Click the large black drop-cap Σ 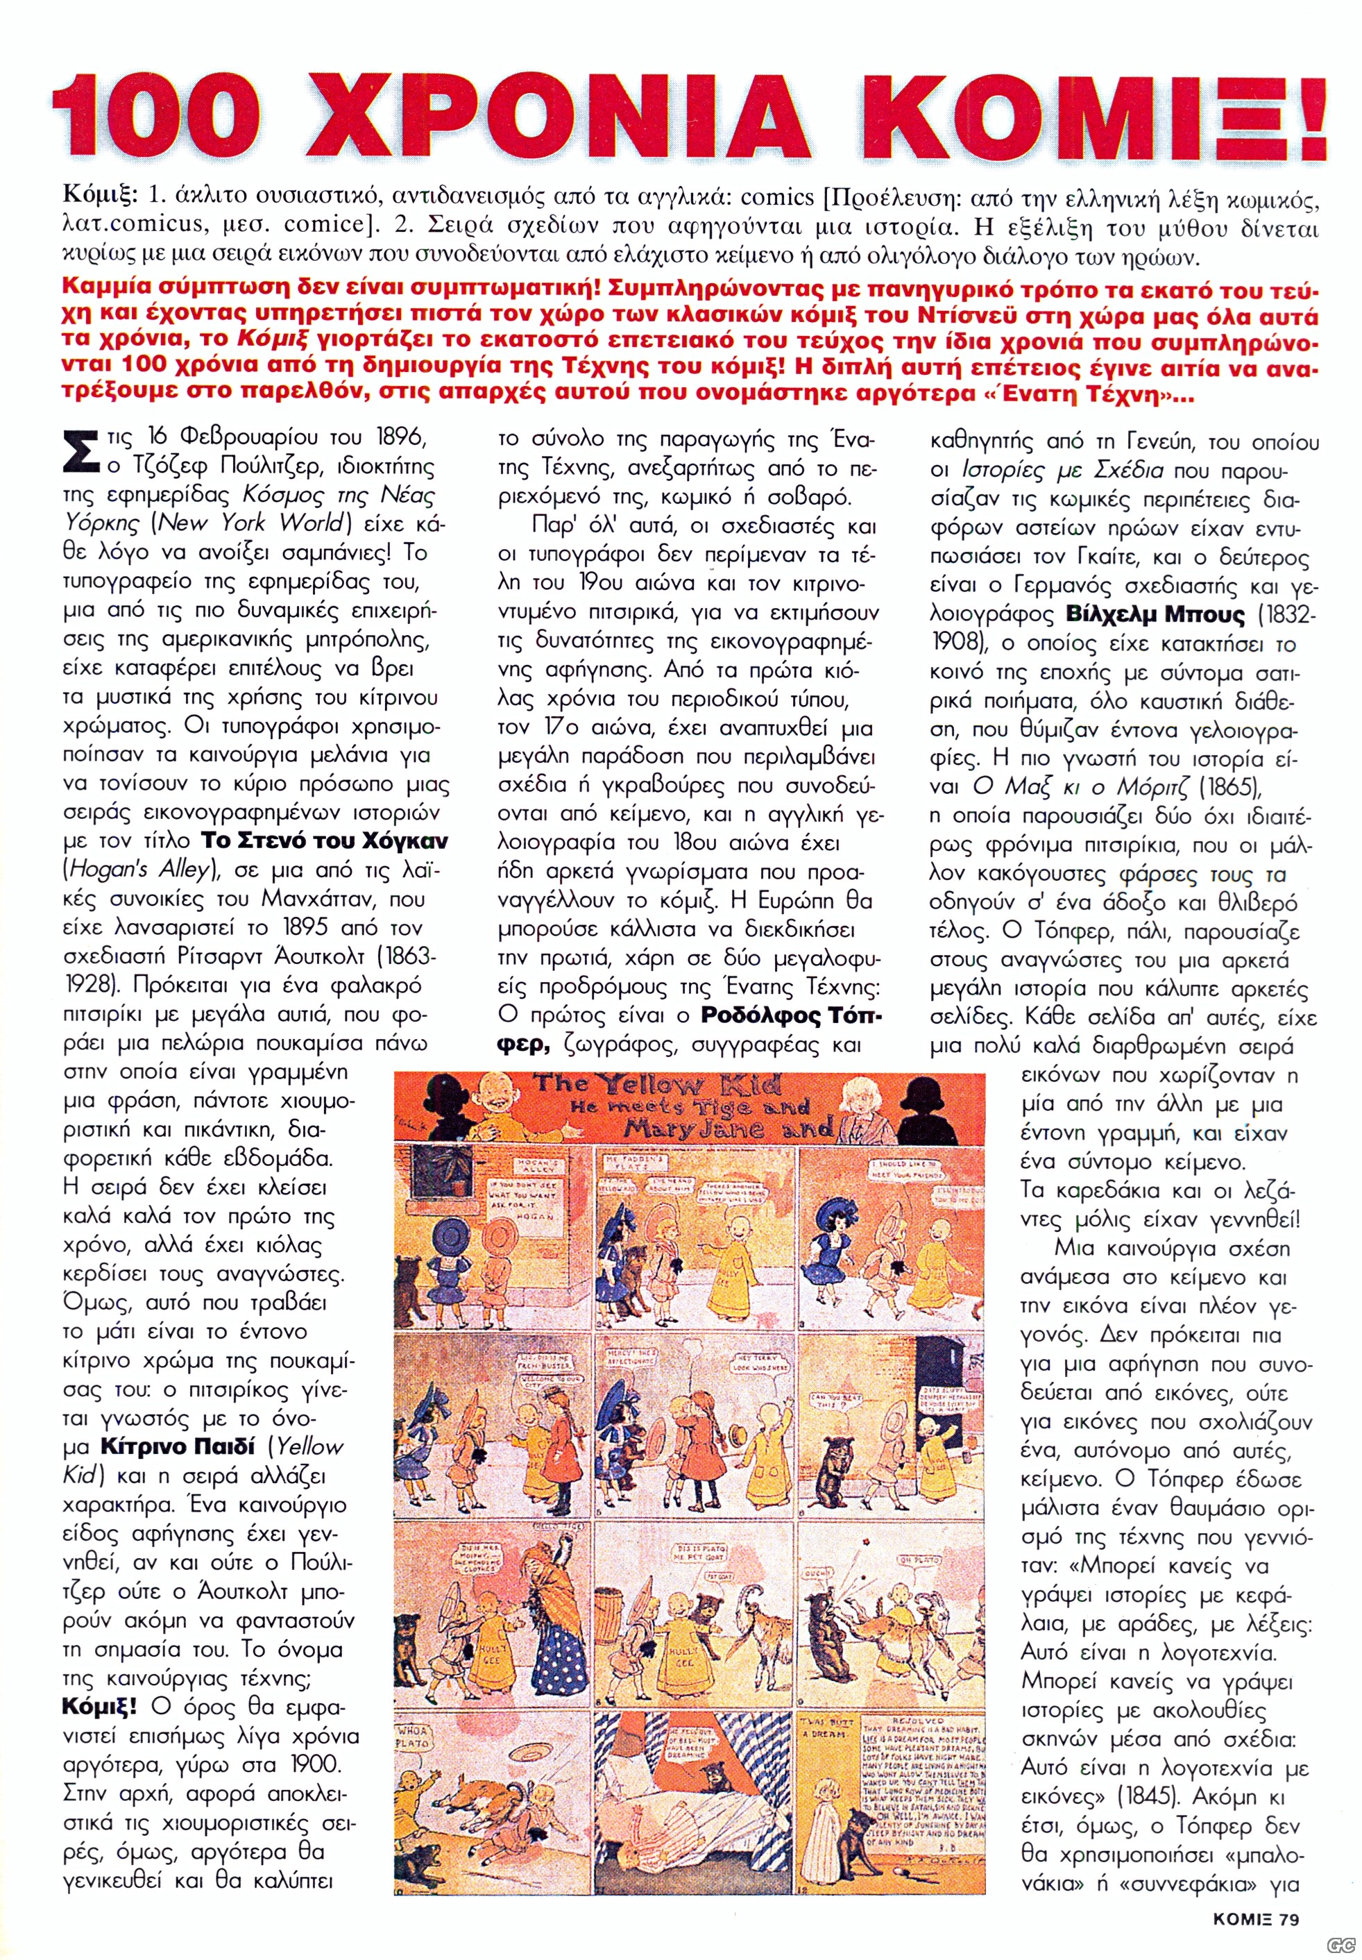(82, 450)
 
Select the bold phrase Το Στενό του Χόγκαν (324, 841)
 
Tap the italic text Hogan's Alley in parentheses (137, 870)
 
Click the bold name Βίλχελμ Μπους (1155, 615)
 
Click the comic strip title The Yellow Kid (657, 1086)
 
